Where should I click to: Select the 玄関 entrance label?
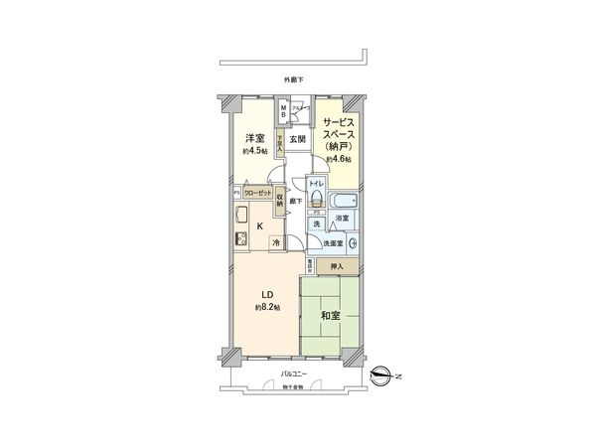(x=297, y=140)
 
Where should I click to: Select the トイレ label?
(x=314, y=184)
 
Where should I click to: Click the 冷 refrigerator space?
(x=275, y=241)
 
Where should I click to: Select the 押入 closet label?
(x=336, y=266)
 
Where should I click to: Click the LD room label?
(x=267, y=294)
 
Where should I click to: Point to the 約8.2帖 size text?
(x=267, y=308)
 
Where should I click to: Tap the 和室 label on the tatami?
(x=330, y=317)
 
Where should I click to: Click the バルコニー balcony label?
(x=295, y=373)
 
